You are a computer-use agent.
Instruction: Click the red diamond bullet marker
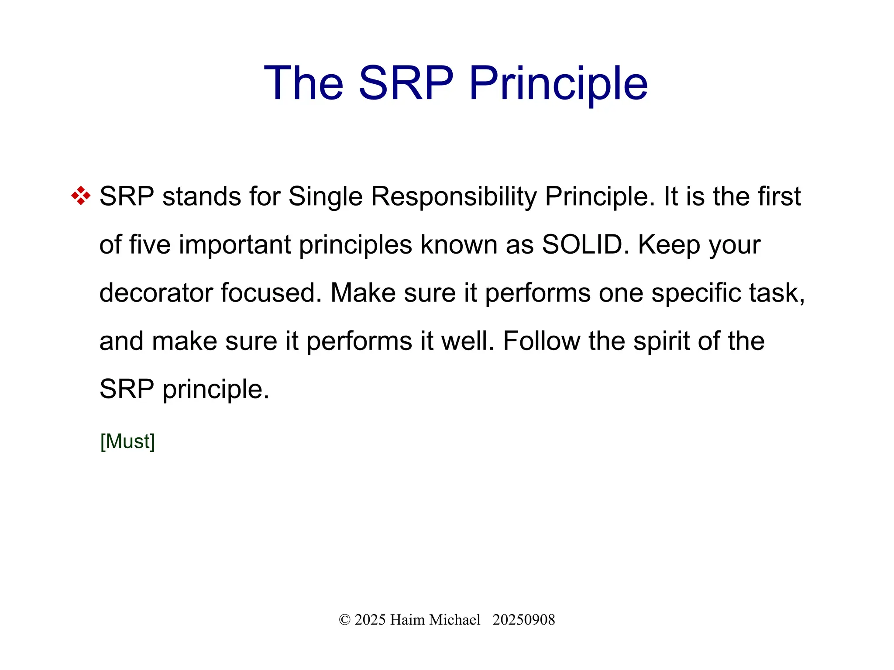point(81,196)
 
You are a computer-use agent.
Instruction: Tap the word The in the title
point(304,83)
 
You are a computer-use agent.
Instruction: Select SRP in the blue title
point(406,83)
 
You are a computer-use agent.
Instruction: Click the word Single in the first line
point(325,196)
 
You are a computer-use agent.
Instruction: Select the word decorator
point(156,292)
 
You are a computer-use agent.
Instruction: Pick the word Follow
point(541,341)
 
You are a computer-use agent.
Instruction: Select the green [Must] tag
point(127,441)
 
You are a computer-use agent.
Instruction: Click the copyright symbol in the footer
point(344,620)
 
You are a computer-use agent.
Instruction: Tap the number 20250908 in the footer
point(523,620)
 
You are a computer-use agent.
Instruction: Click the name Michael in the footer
point(455,620)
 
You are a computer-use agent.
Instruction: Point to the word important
point(234,244)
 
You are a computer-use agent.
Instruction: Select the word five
point(150,244)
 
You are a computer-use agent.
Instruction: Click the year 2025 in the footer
point(370,620)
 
